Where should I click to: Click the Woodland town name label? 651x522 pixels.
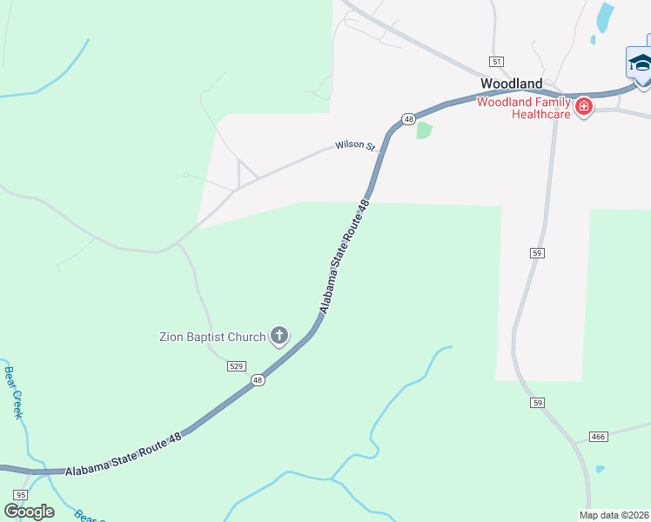512,84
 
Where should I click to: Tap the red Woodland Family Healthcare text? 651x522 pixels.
524,108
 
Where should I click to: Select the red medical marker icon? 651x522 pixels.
584,107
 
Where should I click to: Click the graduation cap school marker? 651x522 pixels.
641,64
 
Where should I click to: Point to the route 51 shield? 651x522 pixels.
496,62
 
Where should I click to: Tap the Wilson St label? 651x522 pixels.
354,146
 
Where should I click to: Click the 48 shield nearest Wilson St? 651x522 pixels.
407,118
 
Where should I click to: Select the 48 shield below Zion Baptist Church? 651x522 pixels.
258,380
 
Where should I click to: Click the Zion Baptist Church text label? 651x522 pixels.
212,337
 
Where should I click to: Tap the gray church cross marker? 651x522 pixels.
279,335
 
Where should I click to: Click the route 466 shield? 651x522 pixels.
598,436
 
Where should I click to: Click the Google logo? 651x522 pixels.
30,512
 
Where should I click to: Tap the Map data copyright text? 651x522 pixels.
614,515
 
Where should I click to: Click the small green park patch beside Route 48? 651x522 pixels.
424,130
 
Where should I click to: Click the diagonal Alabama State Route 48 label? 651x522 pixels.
345,257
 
